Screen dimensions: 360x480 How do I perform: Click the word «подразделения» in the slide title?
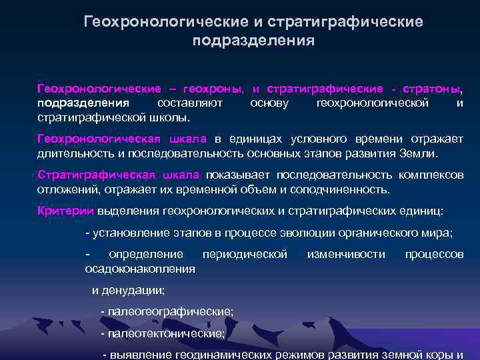[253, 41]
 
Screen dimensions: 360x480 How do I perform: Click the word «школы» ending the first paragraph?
[171, 118]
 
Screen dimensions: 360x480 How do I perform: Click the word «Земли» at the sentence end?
[421, 153]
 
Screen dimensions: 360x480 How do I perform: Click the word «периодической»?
[245, 254]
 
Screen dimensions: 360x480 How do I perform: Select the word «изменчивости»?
[346, 254]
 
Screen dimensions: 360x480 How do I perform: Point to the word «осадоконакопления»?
[140, 269]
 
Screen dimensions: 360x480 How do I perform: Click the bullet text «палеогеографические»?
[170, 311]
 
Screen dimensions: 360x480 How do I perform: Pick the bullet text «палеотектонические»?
[166, 333]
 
